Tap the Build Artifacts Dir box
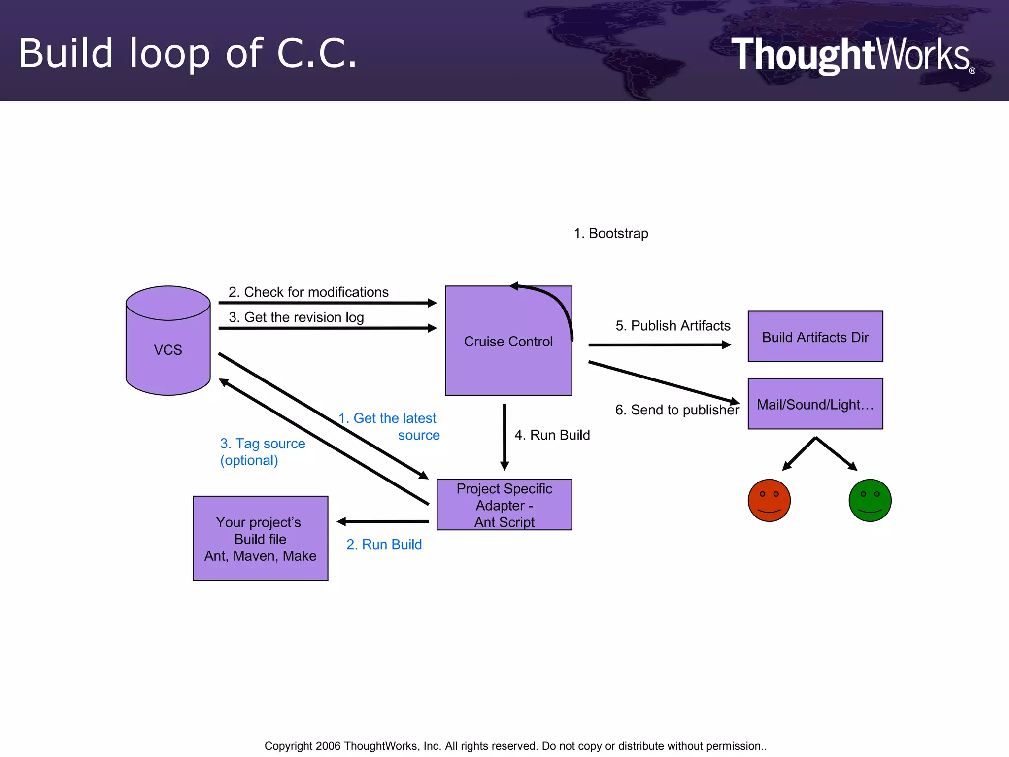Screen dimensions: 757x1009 [815, 337]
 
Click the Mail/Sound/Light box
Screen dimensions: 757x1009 [815, 404]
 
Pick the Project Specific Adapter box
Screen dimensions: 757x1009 [504, 505]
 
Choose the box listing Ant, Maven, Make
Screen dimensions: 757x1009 [260, 538]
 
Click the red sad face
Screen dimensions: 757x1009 [769, 500]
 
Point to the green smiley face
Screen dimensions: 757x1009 [870, 500]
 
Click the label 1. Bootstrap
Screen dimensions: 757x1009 [611, 233]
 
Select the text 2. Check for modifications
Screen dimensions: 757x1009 [308, 292]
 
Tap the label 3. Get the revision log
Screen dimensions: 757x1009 [296, 317]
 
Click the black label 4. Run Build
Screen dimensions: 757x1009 [552, 435]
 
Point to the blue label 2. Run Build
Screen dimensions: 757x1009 [384, 544]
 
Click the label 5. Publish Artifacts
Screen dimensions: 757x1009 [673, 325]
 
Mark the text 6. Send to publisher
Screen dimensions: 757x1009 [676, 410]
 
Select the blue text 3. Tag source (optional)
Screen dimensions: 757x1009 [262, 451]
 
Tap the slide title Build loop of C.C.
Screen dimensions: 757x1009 [188, 53]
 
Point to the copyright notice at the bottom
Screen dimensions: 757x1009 [515, 746]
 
